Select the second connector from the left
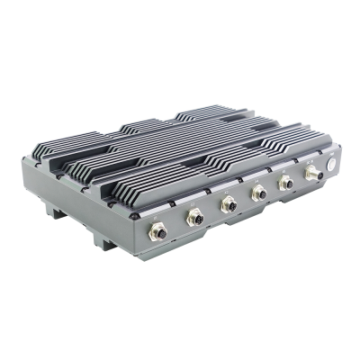click(x=193, y=218)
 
